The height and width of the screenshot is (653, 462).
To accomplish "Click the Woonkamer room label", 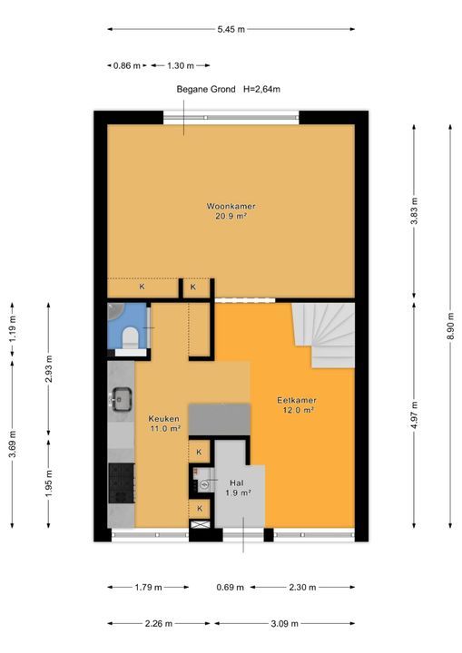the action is tap(231, 206).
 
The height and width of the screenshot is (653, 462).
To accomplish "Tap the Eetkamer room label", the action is tap(297, 400).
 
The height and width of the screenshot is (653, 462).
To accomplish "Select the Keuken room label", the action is tap(164, 418).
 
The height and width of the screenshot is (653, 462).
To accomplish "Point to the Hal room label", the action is tap(236, 482).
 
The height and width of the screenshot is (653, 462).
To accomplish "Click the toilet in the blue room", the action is tap(131, 337).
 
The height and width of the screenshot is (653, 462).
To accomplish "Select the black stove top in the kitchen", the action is tap(122, 483).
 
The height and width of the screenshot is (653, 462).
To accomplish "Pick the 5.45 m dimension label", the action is tap(231, 29).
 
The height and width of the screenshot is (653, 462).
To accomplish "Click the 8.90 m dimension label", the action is tap(450, 326).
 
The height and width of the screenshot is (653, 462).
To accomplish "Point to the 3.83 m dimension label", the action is tap(414, 211).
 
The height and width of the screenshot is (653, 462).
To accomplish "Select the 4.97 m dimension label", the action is tap(414, 415).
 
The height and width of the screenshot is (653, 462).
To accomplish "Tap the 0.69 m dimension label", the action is tap(231, 587).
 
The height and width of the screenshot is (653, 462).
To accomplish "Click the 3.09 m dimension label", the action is tap(284, 623).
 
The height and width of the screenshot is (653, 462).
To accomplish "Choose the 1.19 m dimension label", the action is tap(13, 329).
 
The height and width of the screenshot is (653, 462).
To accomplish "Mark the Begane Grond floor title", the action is tap(206, 89).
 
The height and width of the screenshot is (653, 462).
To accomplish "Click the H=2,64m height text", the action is tap(261, 89).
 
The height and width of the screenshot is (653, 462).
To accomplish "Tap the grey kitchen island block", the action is tap(220, 419).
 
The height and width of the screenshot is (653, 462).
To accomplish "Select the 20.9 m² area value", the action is tap(231, 216).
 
